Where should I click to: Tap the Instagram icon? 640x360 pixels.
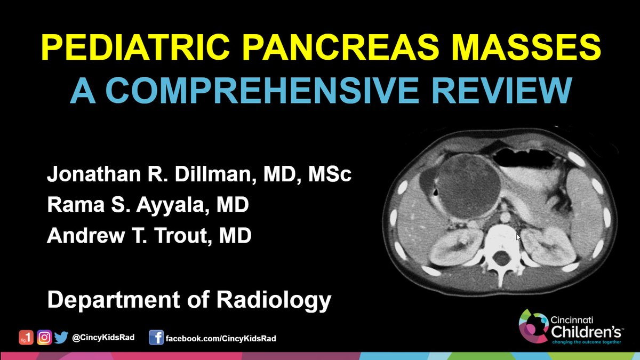tap(45, 338)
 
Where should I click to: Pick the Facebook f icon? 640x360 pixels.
tap(156, 338)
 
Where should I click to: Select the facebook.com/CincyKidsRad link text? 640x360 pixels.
tap(221, 338)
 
